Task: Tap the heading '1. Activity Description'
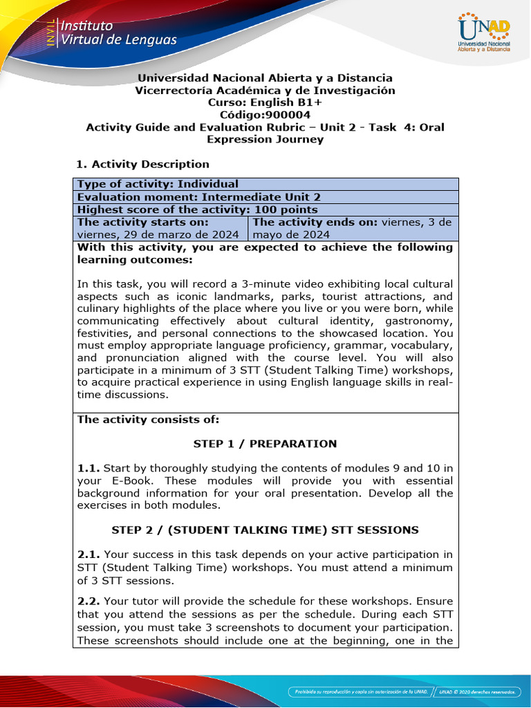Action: coord(142,164)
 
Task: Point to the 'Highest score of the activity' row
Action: coord(197,209)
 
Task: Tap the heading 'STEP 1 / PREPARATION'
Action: coord(265,444)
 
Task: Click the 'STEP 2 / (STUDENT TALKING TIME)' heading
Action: coord(265,530)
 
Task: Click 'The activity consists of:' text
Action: coord(138,419)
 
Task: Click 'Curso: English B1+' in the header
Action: coord(265,102)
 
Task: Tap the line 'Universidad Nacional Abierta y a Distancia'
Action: coord(265,78)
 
